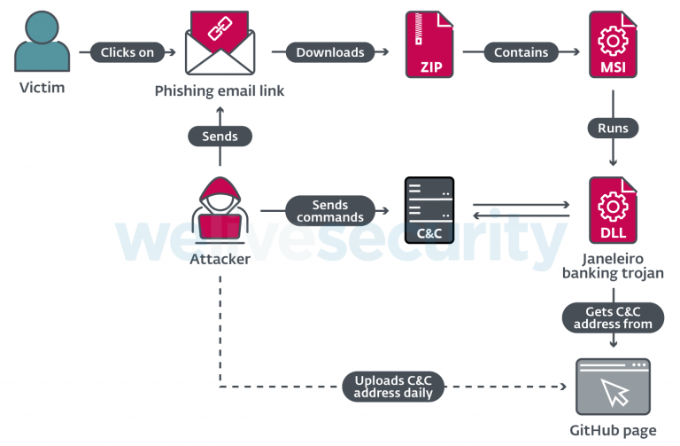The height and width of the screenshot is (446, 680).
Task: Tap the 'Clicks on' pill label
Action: [127, 52]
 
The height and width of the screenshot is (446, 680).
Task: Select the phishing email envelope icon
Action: [219, 44]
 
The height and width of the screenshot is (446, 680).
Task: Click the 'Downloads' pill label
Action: [329, 52]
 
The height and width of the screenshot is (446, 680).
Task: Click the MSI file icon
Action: [613, 45]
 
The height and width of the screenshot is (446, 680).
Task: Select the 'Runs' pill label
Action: [613, 128]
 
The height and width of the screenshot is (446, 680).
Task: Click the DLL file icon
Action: [613, 210]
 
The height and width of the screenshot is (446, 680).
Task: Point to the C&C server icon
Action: [429, 211]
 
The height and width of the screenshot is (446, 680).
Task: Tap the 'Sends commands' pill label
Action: [329, 211]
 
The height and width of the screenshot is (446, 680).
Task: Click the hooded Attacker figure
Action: [220, 211]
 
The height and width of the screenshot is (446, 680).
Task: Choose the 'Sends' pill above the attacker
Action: [220, 136]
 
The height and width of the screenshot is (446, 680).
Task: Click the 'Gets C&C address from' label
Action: [613, 317]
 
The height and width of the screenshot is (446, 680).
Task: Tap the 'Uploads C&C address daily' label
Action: [393, 387]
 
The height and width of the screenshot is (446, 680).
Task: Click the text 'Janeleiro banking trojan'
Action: [613, 267]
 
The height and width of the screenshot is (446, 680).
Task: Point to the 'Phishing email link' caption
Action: [220, 91]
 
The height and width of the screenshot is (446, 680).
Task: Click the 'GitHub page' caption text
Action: [613, 431]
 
